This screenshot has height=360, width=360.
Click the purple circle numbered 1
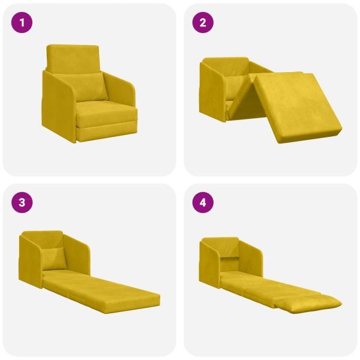point(23,23)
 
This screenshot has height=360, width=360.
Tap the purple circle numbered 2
point(203,23)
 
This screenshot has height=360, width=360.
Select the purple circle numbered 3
point(23,203)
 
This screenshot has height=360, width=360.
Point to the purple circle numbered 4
point(203,203)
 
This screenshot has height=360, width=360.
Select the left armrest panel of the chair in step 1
point(59,105)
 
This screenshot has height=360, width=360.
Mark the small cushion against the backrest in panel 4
point(230,260)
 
